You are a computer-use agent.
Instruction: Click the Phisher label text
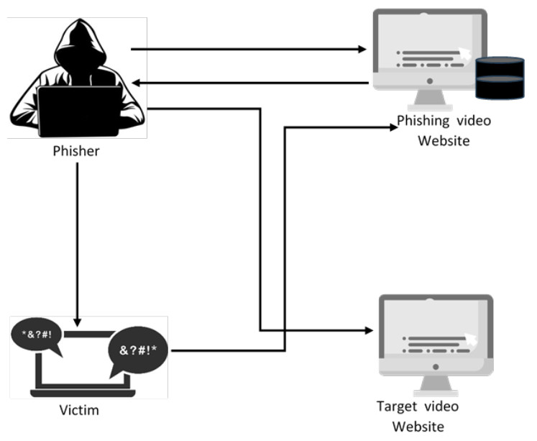pyautogui.click(x=76, y=152)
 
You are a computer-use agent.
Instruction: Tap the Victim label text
pyautogui.click(x=78, y=411)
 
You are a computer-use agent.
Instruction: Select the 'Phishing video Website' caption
pyautogui.click(x=444, y=130)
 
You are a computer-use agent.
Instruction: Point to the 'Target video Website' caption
pyautogui.click(x=418, y=417)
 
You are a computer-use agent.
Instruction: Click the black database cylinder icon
pyautogui.click(x=499, y=78)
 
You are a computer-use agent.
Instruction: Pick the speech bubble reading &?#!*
pyautogui.click(x=137, y=353)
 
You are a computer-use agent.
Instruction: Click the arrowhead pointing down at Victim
pyautogui.click(x=77, y=319)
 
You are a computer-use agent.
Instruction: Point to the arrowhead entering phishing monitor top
pyautogui.click(x=362, y=50)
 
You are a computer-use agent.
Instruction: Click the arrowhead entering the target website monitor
pyautogui.click(x=368, y=331)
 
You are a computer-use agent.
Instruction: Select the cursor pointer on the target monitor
pyautogui.click(x=471, y=339)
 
